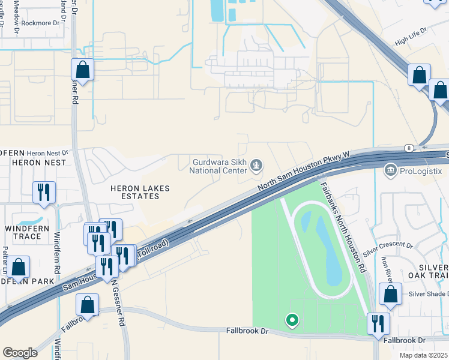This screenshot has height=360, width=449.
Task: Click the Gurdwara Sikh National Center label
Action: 218,166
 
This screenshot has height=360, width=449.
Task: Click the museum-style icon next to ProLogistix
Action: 391,171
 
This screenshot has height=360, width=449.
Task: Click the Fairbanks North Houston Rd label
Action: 343,228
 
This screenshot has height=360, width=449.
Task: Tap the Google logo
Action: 20,353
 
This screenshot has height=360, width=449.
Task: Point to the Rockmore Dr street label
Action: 42,23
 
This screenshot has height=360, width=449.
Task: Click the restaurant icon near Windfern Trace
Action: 44,193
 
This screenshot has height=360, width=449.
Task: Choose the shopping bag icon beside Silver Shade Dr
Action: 391,295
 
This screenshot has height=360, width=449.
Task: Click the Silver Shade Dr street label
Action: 429,293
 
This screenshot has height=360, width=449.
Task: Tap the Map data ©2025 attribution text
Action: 423,355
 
